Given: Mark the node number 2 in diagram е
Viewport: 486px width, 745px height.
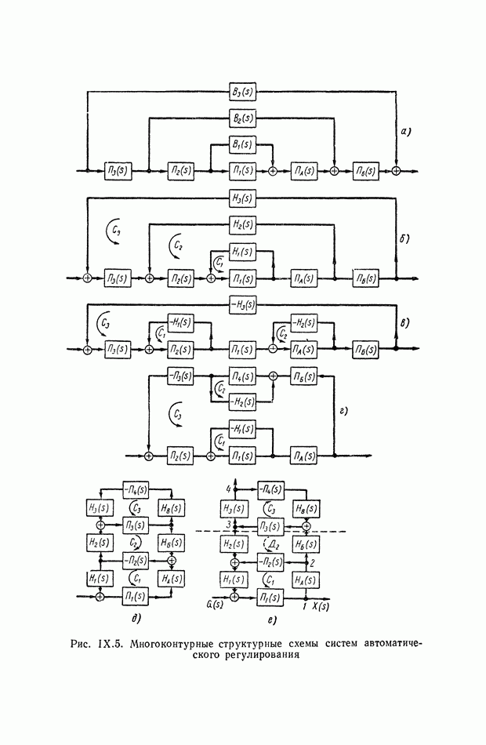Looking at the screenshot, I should coord(313,563).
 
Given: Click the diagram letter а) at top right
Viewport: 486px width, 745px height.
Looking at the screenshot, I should coord(406,133).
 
